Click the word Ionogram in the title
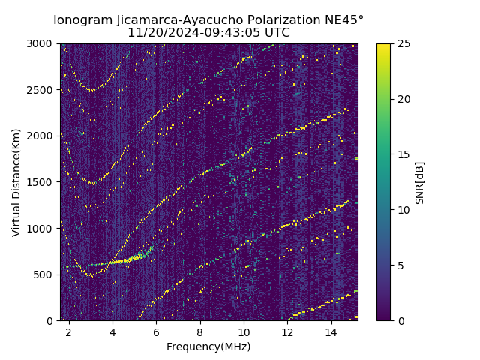coord(82,19)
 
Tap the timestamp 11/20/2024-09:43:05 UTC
coord(208,33)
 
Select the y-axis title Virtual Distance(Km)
coord(16,182)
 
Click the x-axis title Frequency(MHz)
coord(208,346)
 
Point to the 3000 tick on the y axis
coord(43,43)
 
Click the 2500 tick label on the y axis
coord(43,90)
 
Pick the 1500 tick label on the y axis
coord(43,182)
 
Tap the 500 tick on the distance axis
coord(46,274)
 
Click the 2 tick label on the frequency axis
coord(69,331)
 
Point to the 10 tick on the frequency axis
coord(244,331)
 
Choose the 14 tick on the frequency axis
coord(331,331)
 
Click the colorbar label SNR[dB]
coord(420,182)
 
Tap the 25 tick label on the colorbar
coord(402,43)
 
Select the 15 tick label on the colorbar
coord(402,154)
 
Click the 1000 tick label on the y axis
coord(43,228)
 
